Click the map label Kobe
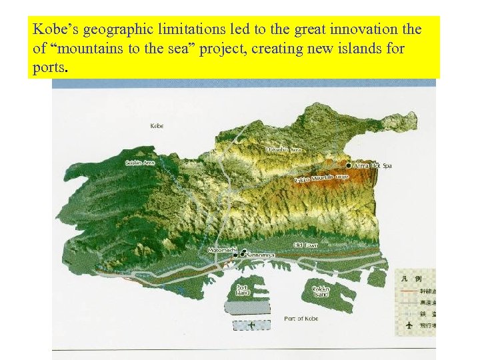click(x=157, y=125)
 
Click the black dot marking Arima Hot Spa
click(x=349, y=165)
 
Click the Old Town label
click(x=306, y=245)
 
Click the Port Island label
click(x=243, y=290)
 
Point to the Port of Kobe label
click(x=301, y=319)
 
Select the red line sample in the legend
click(x=410, y=291)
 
